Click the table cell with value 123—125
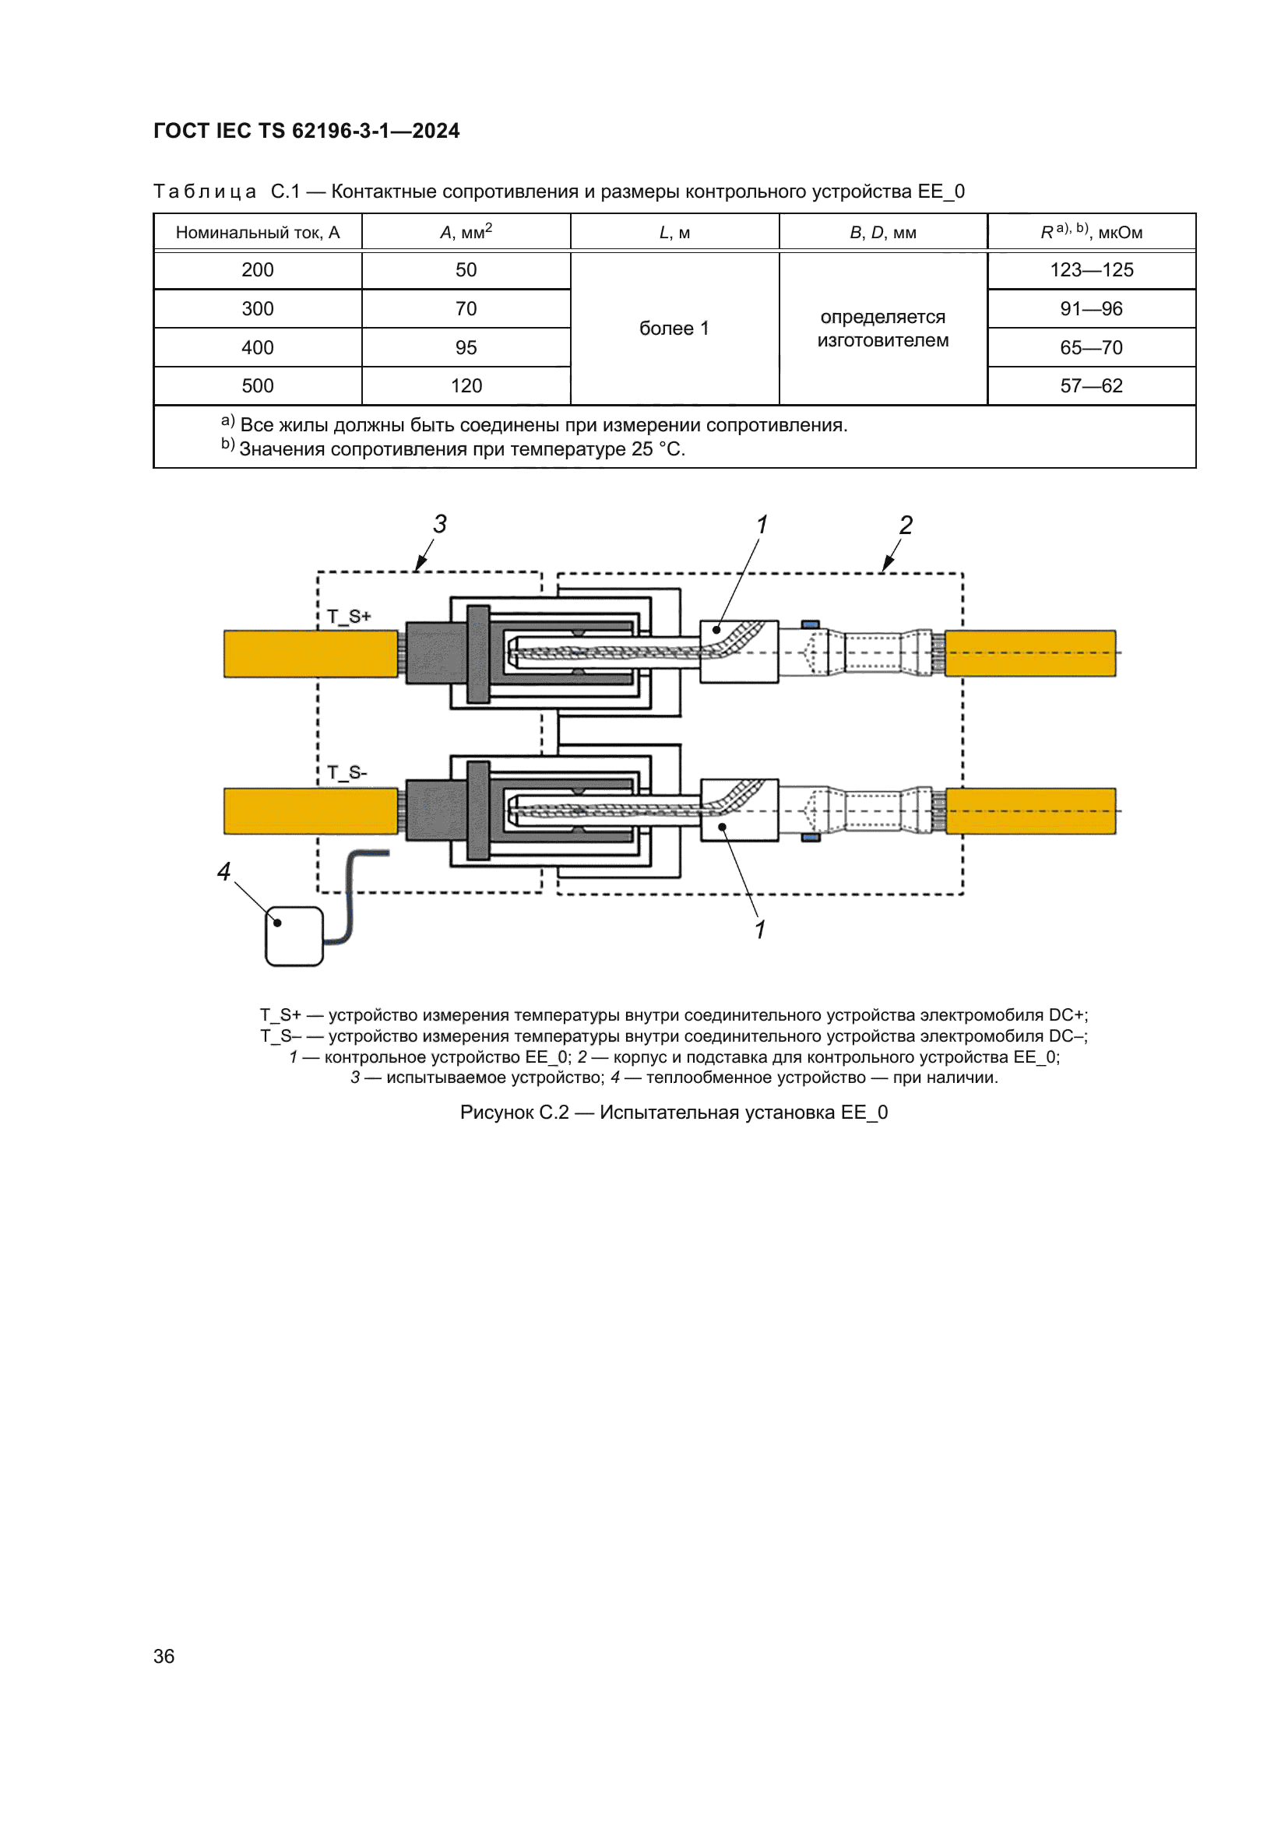click(1091, 269)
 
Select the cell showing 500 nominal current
click(258, 386)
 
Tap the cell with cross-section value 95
click(466, 347)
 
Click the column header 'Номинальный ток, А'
click(258, 232)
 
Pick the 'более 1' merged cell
click(675, 329)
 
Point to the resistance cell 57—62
click(1091, 386)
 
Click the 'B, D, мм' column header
click(884, 232)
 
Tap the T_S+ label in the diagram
click(349, 617)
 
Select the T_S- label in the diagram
click(347, 772)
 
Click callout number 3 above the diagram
click(440, 523)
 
